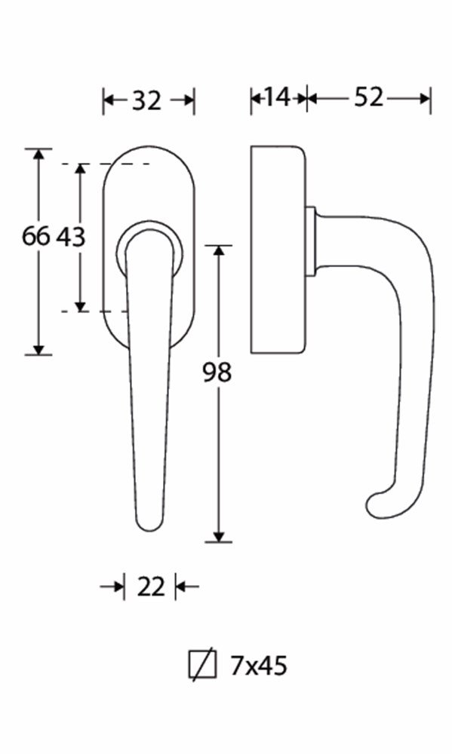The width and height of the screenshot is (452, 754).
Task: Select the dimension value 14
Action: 278,97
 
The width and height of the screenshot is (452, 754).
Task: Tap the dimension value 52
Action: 368,97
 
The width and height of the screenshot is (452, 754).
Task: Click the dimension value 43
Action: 71,237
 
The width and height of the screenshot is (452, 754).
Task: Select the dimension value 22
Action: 150,586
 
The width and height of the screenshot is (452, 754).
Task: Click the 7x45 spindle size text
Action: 259,666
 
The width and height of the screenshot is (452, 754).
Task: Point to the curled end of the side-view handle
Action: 377,505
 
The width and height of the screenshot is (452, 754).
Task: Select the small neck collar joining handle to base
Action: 310,241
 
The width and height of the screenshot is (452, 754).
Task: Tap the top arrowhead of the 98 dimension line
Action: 219,252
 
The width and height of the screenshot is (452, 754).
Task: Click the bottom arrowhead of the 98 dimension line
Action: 219,535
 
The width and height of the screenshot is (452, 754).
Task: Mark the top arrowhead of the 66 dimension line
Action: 38,155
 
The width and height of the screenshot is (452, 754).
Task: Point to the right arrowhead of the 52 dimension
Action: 425,98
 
